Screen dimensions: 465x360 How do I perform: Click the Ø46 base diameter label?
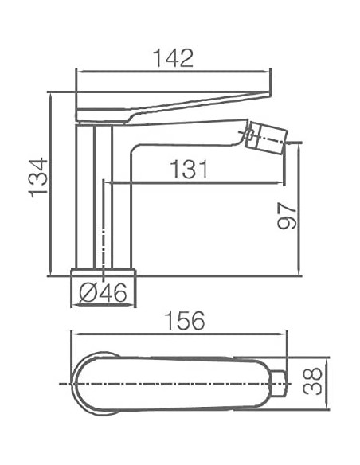(x=104, y=293)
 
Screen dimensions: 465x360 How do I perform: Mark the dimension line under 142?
(x=174, y=70)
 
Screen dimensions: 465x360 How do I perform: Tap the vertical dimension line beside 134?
(x=52, y=183)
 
